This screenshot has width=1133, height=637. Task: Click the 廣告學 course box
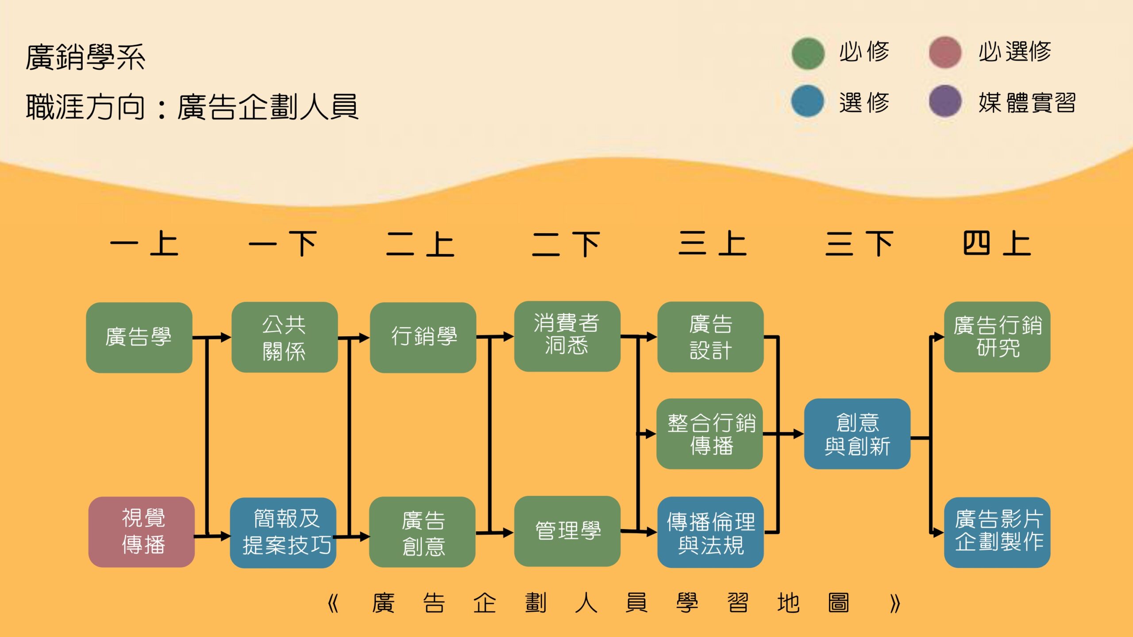pos(139,338)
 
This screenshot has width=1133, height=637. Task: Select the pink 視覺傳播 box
pos(142,532)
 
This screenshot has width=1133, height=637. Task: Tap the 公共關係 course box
pos(284,337)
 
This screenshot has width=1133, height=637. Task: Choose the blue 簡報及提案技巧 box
pos(283,533)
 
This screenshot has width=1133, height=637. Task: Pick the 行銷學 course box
pos(423,338)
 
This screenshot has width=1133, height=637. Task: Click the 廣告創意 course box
pos(422,532)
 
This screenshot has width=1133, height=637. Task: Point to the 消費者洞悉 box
pos(567,336)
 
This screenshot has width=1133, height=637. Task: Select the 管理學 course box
pos(567,531)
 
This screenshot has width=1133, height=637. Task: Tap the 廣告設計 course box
pos(710,337)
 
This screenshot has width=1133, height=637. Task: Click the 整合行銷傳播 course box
pos(709,434)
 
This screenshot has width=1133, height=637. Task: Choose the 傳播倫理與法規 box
pos(710,532)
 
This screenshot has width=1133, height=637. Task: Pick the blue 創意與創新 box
pos(857,434)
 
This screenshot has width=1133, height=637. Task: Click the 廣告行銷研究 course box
pos(997,337)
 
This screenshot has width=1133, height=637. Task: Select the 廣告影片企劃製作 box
pos(997,532)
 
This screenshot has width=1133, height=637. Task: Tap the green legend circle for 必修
pos(808,54)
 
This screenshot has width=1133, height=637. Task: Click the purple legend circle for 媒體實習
pos(945,101)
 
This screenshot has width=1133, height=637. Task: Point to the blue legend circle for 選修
pos(808,101)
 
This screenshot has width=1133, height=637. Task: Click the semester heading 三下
pos(859,244)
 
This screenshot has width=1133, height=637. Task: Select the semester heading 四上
pos(997,244)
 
